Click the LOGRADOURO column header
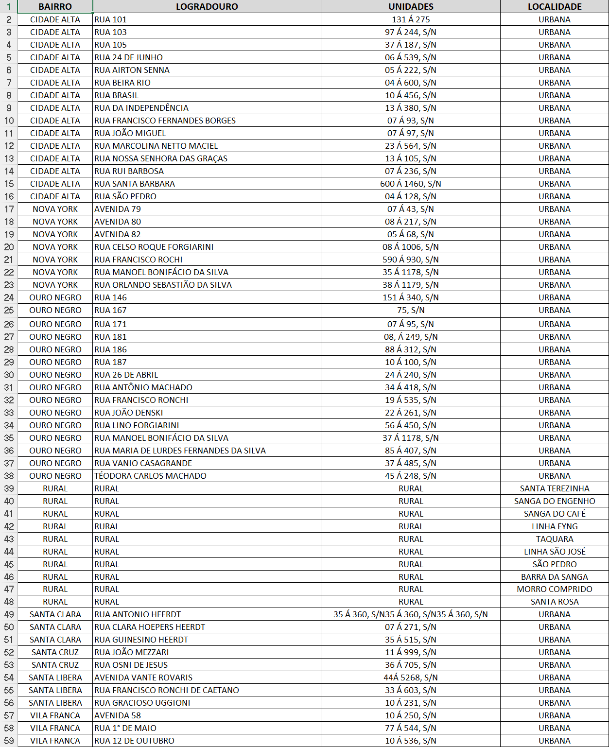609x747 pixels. (207, 7)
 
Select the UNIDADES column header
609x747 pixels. (411, 7)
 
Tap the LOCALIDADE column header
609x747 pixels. (555, 7)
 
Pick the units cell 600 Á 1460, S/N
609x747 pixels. (411, 184)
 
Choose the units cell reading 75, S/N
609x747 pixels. (411, 310)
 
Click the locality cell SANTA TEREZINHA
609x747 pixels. (555, 488)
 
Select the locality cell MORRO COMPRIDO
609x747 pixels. (555, 589)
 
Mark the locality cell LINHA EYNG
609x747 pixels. (555, 526)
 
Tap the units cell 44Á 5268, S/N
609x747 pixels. (411, 678)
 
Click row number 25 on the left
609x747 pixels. (9, 310)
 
